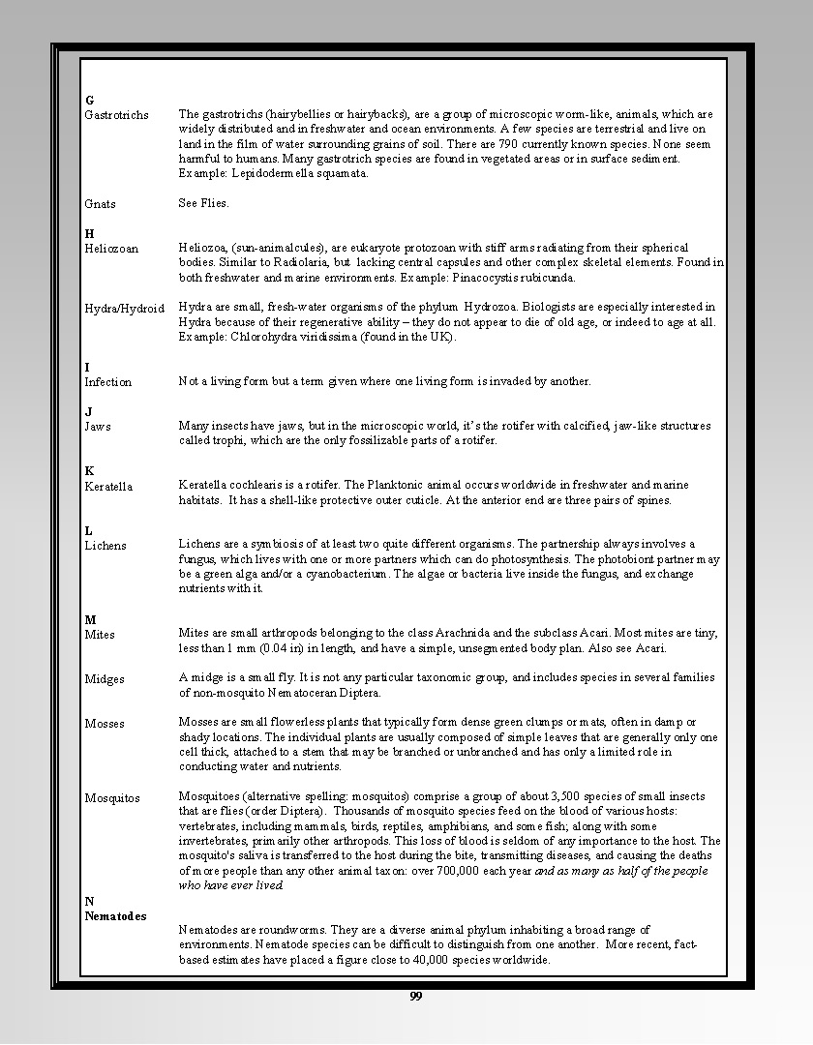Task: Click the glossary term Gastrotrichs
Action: pyautogui.click(x=116, y=115)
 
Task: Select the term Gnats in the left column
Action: pyautogui.click(x=100, y=204)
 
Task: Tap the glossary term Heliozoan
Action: pyautogui.click(x=111, y=249)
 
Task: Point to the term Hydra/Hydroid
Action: pyautogui.click(x=124, y=309)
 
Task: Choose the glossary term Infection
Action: pyautogui.click(x=107, y=382)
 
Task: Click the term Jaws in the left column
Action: pyautogui.click(x=98, y=427)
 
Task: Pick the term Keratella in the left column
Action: pyautogui.click(x=108, y=487)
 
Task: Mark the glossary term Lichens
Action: pyautogui.click(x=105, y=546)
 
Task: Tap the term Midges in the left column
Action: pyautogui.click(x=105, y=679)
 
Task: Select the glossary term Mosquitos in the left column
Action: pyautogui.click(x=112, y=798)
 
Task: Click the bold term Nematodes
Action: pyautogui.click(x=115, y=916)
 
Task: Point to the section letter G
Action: pyautogui.click(x=89, y=101)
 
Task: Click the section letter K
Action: pyautogui.click(x=89, y=471)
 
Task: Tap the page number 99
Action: pyautogui.click(x=415, y=998)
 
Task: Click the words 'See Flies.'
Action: pyautogui.click(x=203, y=203)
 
